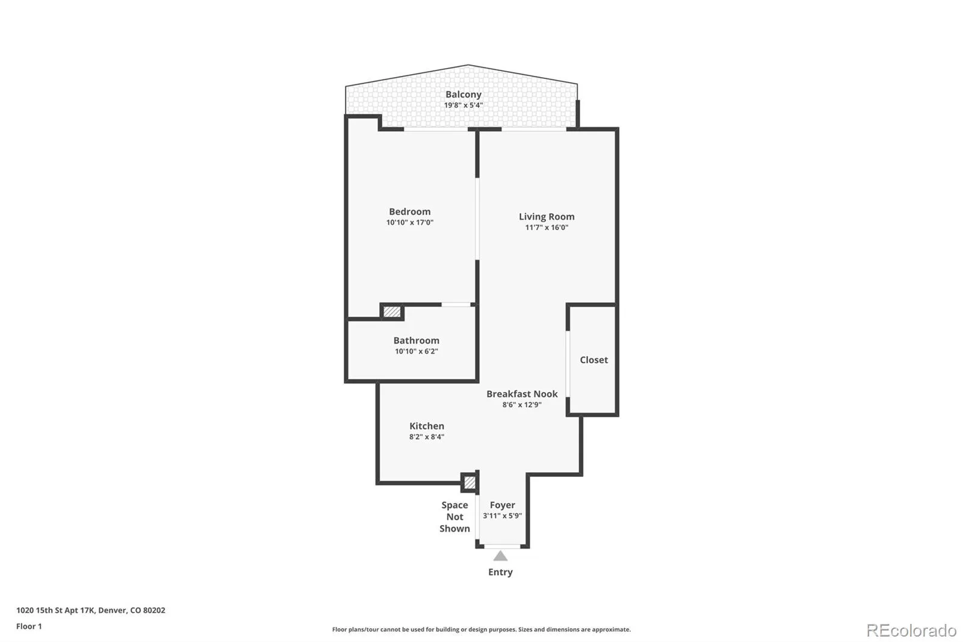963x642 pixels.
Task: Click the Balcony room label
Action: pyautogui.click(x=463, y=95)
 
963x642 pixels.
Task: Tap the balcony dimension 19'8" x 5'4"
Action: pyautogui.click(x=463, y=105)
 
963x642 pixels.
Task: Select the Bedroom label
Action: pyautogui.click(x=410, y=212)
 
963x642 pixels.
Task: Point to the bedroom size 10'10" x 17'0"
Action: pyautogui.click(x=410, y=222)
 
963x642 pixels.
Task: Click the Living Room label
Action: pyautogui.click(x=547, y=217)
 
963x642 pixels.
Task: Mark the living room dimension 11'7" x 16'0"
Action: pyautogui.click(x=547, y=228)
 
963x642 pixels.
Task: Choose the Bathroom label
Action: pyautogui.click(x=416, y=340)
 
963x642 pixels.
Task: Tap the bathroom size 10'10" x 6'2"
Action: pyautogui.click(x=416, y=351)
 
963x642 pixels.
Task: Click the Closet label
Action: pyautogui.click(x=593, y=360)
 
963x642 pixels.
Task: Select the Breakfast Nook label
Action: pyautogui.click(x=522, y=394)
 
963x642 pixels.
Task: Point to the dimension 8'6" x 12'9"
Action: pyautogui.click(x=522, y=405)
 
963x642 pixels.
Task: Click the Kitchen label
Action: pyautogui.click(x=427, y=426)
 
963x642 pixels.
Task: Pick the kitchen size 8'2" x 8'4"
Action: pyautogui.click(x=427, y=437)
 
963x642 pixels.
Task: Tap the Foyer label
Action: pyautogui.click(x=502, y=505)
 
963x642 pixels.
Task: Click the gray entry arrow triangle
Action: pyautogui.click(x=500, y=557)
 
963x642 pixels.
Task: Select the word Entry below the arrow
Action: pyautogui.click(x=500, y=572)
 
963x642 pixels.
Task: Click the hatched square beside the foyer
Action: pyautogui.click(x=470, y=482)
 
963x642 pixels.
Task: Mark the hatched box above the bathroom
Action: pyautogui.click(x=392, y=311)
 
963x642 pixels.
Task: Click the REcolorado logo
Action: pyautogui.click(x=911, y=631)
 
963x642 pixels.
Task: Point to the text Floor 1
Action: pyautogui.click(x=29, y=626)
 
